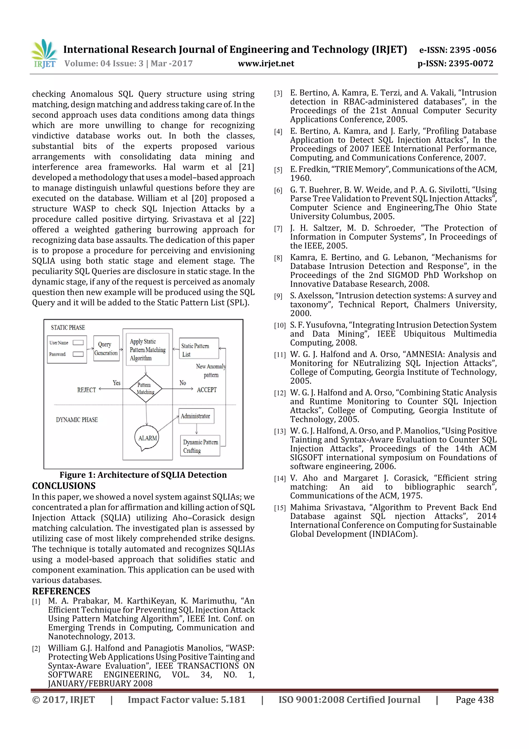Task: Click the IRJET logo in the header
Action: pos(44,54)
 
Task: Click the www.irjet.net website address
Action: pos(266,64)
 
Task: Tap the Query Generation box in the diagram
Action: pos(106,349)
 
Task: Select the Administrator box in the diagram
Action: pos(196,416)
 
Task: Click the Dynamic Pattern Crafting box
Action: pos(200,446)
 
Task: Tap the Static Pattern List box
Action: pos(198,349)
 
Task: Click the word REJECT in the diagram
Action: pos(86,390)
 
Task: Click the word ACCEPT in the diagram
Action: pos(207,390)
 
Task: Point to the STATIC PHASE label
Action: pos(68,327)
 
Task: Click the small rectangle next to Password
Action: pos(78,354)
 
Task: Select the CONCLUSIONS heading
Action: pos(64,486)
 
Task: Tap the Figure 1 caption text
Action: pos(143,475)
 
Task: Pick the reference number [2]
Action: pos(36,648)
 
